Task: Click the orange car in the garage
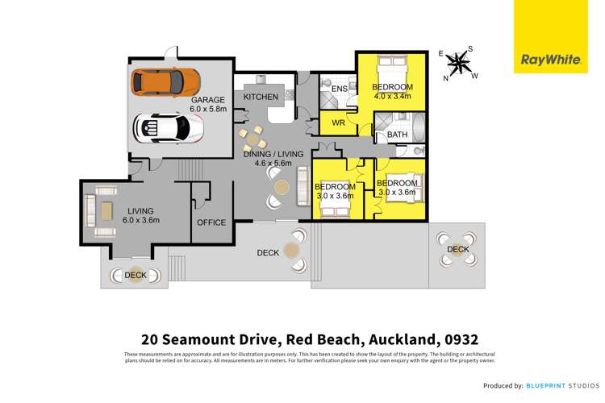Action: pos(167,81)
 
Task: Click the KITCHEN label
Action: pos(261,98)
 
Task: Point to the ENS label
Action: pos(339,87)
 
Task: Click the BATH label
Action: pos(397,135)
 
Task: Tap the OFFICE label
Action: pos(212,223)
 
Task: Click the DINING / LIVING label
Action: pos(272,152)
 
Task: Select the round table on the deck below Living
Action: pos(136,275)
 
